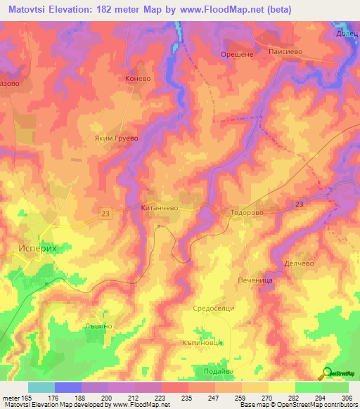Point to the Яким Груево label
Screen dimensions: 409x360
[x=117, y=138]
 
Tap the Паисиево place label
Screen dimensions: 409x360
[x=285, y=52]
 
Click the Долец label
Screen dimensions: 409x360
[x=347, y=32]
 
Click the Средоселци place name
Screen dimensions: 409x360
[x=212, y=309]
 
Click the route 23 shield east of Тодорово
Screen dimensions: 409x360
[x=299, y=203]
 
